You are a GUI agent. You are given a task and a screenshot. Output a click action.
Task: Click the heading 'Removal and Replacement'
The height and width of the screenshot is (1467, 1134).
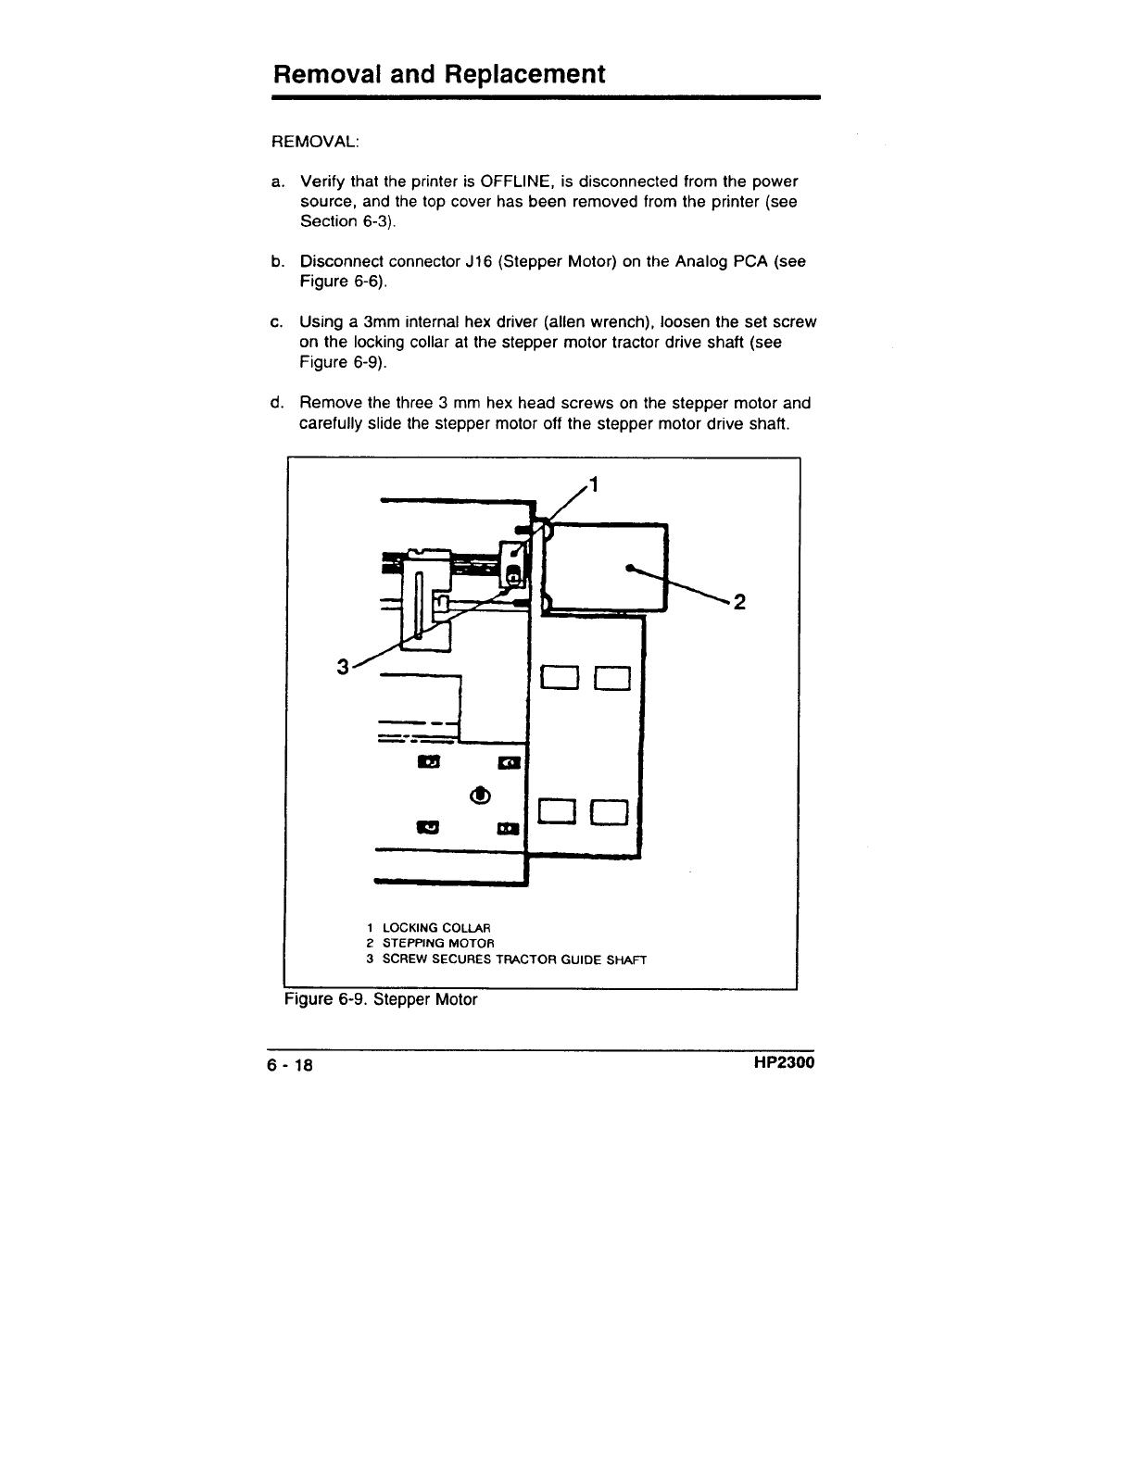(438, 73)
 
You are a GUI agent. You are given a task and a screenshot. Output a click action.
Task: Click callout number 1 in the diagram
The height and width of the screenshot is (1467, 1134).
(595, 483)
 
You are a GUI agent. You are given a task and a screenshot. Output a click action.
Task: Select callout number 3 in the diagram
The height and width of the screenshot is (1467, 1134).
(343, 667)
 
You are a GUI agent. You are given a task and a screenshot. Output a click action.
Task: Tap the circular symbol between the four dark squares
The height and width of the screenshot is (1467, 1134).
(480, 796)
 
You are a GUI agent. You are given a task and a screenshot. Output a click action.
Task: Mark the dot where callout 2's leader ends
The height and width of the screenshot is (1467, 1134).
(629, 569)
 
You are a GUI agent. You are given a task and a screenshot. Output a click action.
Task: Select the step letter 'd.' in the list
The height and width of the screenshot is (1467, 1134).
(276, 403)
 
